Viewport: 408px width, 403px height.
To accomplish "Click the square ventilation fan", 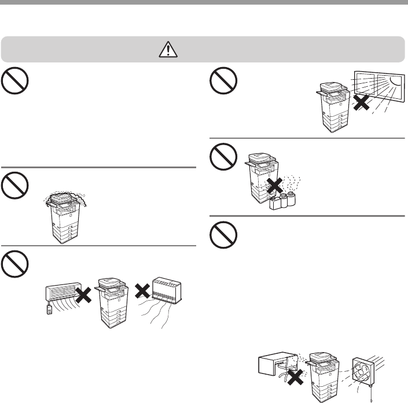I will tap(362, 367).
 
